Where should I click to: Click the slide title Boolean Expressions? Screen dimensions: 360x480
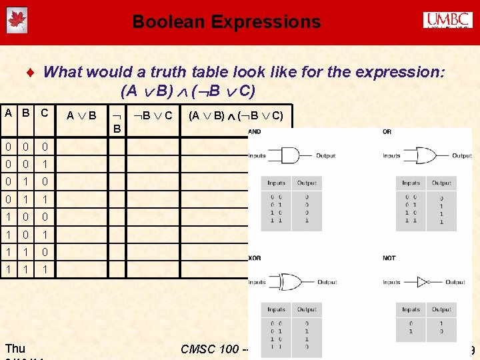click(x=226, y=22)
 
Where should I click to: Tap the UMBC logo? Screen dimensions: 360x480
click(x=448, y=21)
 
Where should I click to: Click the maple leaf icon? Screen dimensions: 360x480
click(x=16, y=21)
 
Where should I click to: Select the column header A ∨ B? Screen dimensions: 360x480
click(x=81, y=116)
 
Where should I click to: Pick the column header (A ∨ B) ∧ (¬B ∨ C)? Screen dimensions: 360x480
click(x=235, y=115)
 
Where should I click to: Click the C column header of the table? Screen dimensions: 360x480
click(x=45, y=113)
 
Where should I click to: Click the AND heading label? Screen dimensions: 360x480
click(x=255, y=132)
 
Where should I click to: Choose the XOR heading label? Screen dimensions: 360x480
click(x=255, y=258)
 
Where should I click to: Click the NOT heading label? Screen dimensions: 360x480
click(x=389, y=258)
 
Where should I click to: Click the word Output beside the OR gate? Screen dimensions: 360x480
click(x=461, y=156)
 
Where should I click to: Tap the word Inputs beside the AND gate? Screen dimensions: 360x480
click(x=257, y=156)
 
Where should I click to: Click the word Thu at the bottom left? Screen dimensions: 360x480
click(x=15, y=348)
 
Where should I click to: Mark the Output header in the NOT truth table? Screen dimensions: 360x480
click(x=441, y=309)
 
